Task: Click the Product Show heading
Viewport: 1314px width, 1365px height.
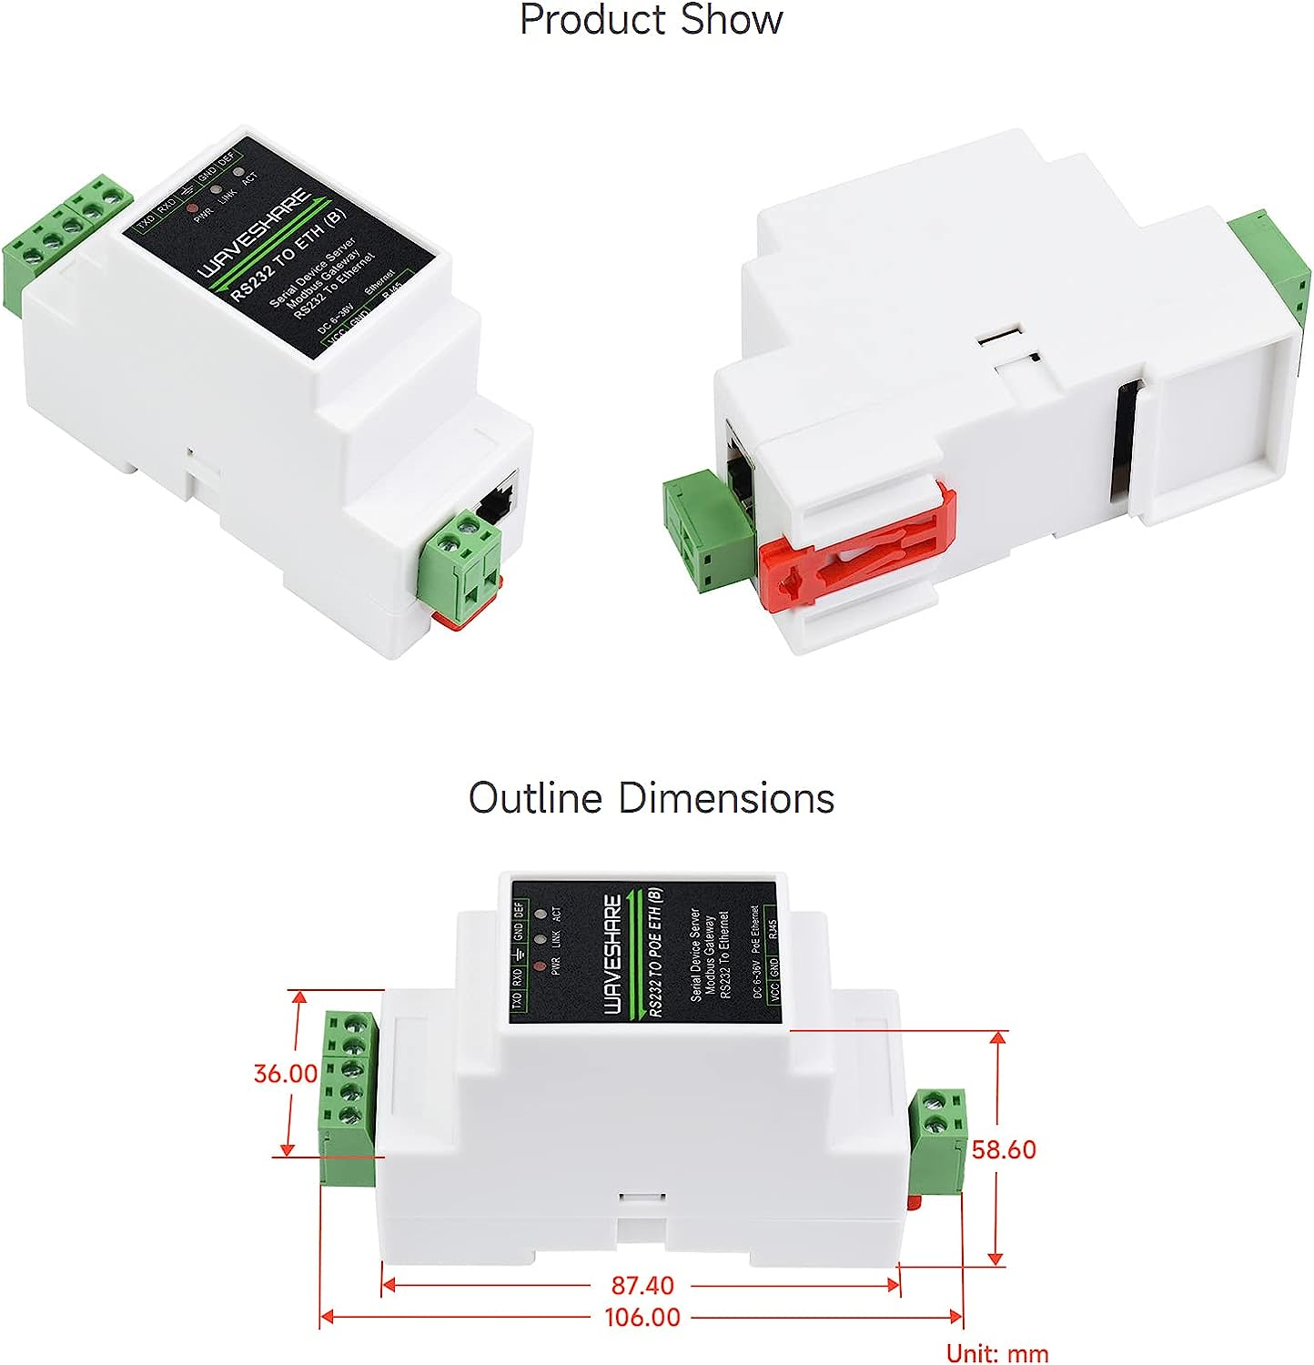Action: [x=651, y=20]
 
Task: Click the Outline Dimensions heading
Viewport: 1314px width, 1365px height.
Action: [x=652, y=798]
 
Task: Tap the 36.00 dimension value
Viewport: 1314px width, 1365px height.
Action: [x=285, y=1074]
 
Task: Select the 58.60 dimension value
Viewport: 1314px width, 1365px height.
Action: [x=1004, y=1149]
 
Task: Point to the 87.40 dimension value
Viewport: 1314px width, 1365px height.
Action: [x=642, y=1285]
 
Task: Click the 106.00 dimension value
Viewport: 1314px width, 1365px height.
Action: [x=642, y=1317]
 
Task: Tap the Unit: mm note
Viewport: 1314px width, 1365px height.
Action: [x=997, y=1353]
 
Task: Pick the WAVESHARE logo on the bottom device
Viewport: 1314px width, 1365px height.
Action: [x=613, y=954]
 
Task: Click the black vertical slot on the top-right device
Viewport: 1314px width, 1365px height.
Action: [x=1125, y=440]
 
